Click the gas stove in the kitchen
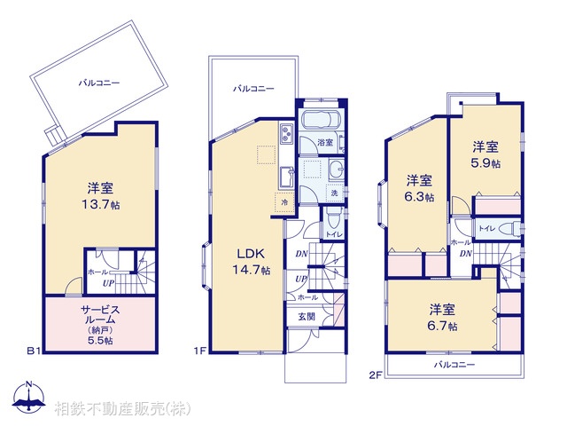(288, 135)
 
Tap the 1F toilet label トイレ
(334, 234)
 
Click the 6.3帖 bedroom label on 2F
(420, 189)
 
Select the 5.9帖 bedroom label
(485, 155)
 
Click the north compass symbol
(30, 398)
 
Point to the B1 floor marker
(34, 351)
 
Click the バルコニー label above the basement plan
(98, 83)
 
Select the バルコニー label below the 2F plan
(454, 365)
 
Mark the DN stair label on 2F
(464, 254)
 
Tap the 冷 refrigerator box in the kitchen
(284, 201)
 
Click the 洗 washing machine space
(334, 193)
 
